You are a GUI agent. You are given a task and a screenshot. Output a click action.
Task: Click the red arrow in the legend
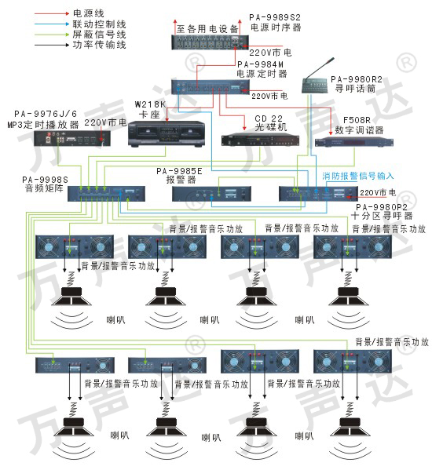52,13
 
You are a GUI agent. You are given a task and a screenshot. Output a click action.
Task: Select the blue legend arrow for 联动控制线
52,24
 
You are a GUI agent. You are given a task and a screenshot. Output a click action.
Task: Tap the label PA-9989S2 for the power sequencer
275,17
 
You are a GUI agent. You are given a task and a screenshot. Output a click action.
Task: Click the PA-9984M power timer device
211,87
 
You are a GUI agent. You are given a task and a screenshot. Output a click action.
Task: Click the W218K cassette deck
167,133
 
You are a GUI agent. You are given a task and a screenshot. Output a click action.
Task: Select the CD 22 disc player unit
260,140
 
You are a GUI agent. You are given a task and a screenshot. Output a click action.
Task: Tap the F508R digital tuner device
354,142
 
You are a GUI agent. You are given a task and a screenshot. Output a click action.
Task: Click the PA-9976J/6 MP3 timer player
72,139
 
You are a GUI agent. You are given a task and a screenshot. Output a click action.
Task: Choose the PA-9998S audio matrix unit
106,194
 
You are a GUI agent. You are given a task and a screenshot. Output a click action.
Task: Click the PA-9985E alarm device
211,194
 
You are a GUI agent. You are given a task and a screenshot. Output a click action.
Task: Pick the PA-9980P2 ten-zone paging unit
318,194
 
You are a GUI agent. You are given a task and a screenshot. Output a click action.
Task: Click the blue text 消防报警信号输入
358,176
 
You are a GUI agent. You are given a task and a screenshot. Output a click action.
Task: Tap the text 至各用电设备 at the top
207,29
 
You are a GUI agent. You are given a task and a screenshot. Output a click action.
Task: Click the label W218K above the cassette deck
150,104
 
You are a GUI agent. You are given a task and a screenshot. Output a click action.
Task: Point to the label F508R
357,120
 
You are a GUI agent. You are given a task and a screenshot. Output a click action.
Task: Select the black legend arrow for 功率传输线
52,45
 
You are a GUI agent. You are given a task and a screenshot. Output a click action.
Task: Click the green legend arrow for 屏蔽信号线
52,35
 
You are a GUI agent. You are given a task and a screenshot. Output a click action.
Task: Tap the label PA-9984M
261,64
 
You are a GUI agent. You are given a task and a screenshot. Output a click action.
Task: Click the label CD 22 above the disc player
269,118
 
